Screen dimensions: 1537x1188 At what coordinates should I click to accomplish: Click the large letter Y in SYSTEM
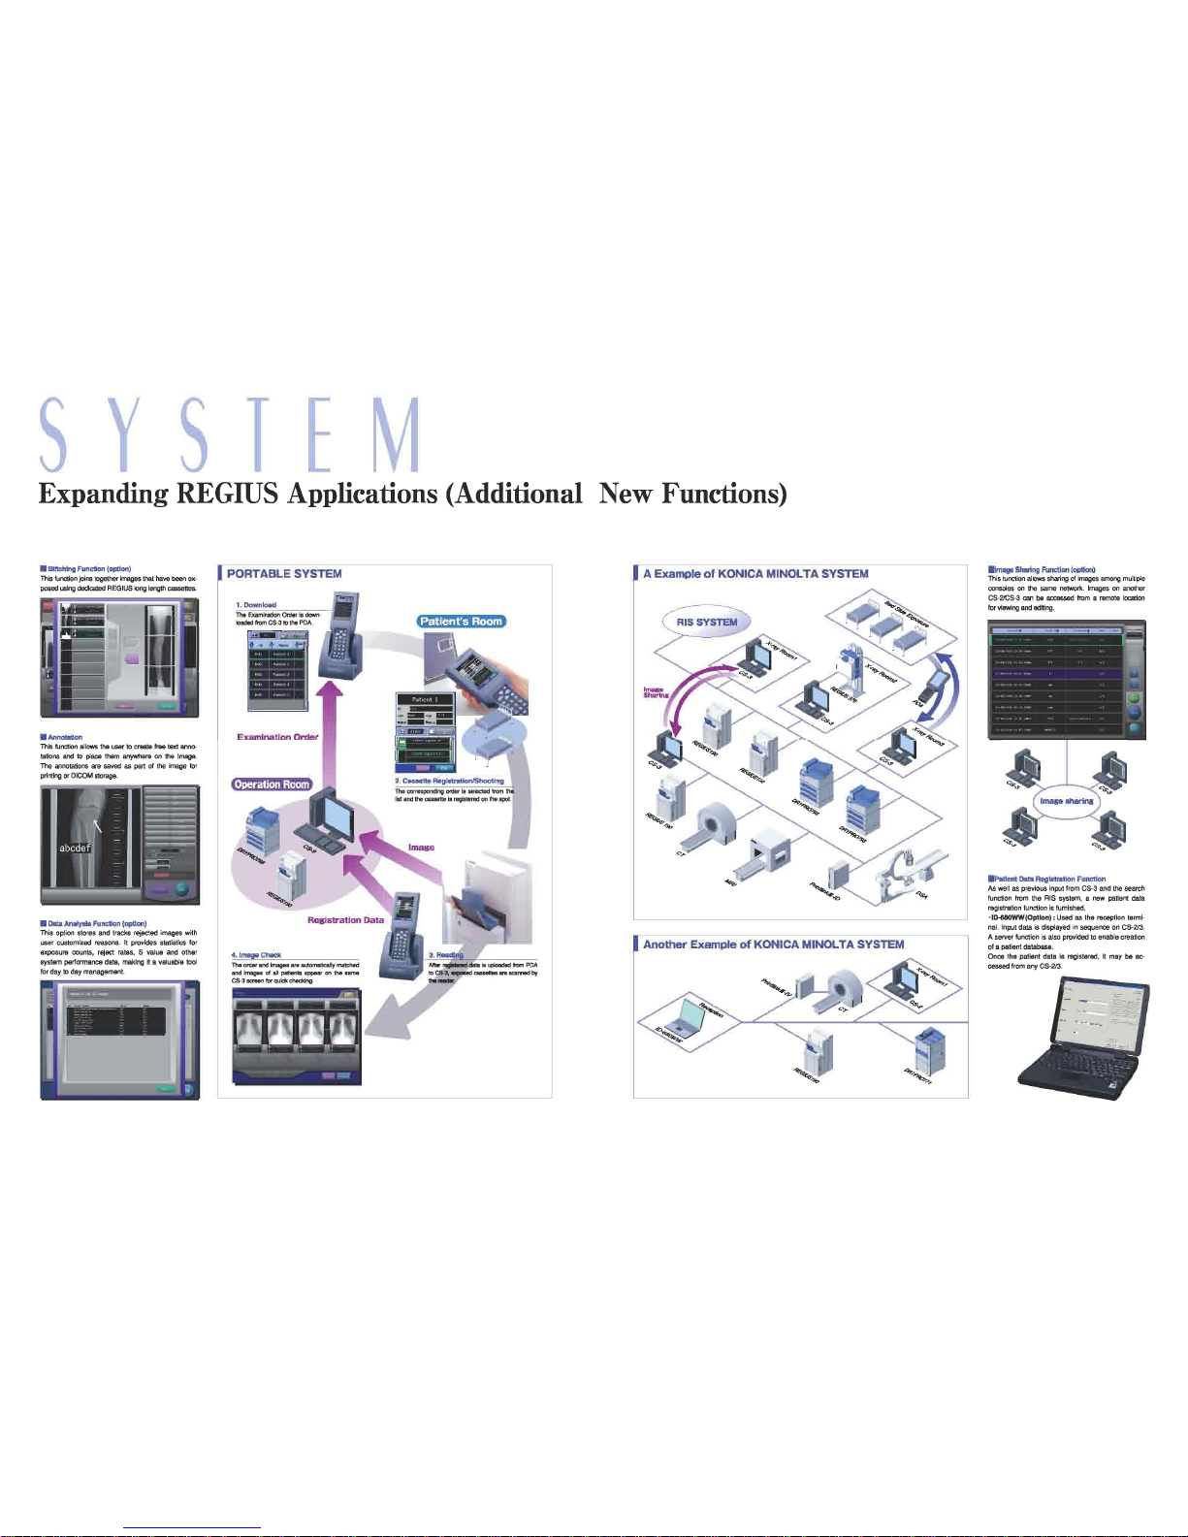[123, 434]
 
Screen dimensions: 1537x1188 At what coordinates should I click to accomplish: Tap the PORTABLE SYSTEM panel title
[284, 574]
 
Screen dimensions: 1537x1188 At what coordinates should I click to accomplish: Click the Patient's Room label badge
[462, 622]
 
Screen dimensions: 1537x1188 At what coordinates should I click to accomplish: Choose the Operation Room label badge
[272, 785]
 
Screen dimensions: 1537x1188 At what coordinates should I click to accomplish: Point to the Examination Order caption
[277, 737]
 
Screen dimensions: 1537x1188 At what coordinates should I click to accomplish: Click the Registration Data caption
[345, 920]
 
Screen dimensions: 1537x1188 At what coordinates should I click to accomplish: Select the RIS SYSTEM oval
[707, 623]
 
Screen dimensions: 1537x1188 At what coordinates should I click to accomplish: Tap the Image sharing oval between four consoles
[1066, 801]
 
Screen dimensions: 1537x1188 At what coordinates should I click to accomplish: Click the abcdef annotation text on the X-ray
[75, 848]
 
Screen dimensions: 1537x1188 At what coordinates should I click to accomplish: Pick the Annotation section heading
[65, 738]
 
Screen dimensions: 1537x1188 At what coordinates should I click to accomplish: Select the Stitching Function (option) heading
[89, 569]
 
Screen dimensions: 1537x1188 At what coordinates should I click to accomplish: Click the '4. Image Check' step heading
[257, 955]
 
